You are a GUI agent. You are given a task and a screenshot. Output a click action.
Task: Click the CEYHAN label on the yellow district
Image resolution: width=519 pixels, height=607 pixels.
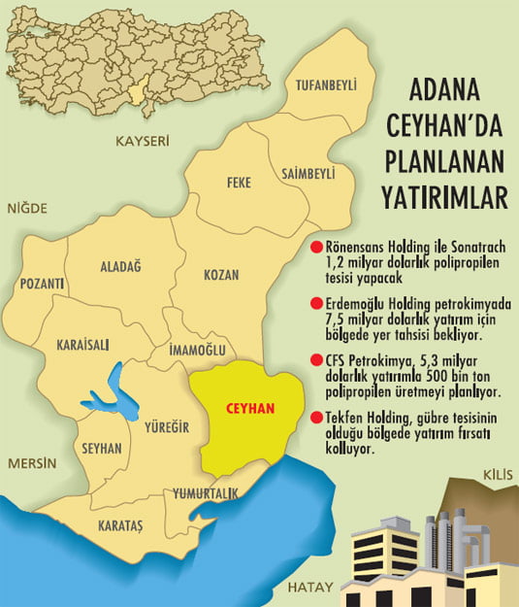[x=249, y=410]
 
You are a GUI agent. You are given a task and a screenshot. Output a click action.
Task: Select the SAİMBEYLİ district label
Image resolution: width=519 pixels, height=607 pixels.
[x=308, y=172]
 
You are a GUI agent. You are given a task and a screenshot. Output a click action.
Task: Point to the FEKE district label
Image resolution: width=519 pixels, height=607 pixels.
[x=239, y=182]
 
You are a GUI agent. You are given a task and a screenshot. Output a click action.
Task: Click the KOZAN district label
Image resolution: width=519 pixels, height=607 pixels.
[x=221, y=275]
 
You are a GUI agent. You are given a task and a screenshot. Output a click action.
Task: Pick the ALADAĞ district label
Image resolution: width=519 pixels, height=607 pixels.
[x=121, y=265]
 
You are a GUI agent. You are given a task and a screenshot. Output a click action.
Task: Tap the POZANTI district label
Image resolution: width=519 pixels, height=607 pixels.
[x=42, y=284]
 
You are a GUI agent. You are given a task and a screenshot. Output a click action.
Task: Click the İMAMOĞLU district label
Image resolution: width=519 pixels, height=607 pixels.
[x=197, y=349]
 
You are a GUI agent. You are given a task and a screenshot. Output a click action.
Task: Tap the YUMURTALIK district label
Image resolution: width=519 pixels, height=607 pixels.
[x=205, y=494]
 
